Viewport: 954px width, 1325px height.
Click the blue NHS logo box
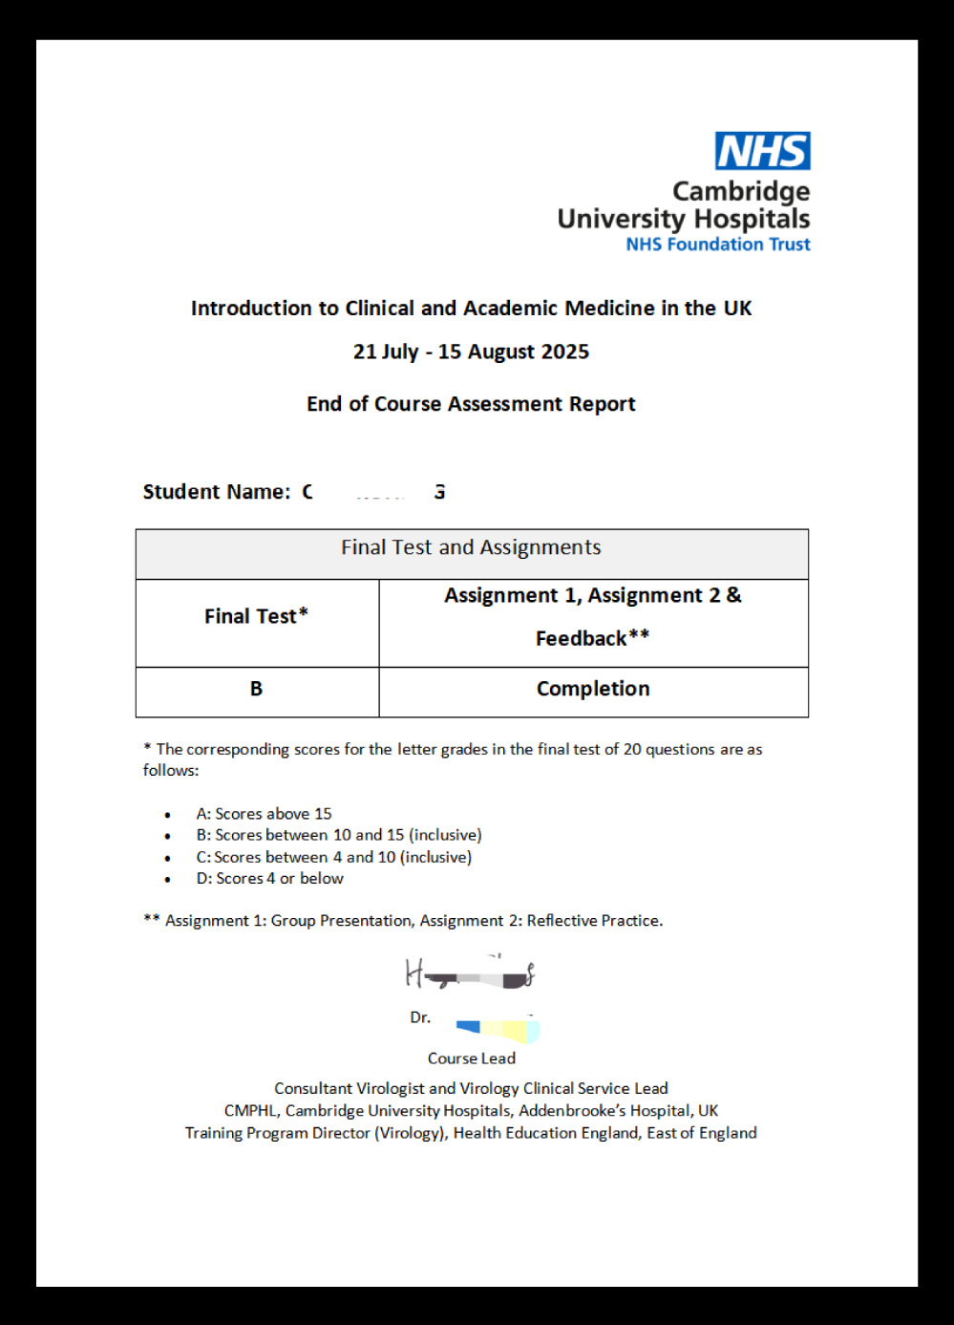(762, 151)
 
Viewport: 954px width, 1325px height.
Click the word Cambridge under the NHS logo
(741, 191)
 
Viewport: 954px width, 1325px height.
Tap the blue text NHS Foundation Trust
(717, 245)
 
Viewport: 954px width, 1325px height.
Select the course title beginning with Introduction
(471, 309)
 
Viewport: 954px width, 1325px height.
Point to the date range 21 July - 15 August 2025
(471, 352)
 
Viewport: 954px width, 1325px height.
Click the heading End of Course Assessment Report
(471, 404)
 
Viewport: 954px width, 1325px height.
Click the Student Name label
(216, 492)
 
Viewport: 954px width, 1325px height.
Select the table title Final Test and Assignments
(471, 547)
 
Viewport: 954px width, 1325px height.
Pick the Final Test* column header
(256, 616)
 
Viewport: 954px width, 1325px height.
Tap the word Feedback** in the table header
(592, 638)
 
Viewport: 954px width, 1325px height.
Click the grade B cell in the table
(256, 689)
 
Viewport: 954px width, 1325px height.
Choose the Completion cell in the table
(593, 689)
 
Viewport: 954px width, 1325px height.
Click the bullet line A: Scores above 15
(264, 814)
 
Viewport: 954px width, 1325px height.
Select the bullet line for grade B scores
(338, 835)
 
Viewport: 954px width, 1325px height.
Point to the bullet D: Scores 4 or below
(269, 879)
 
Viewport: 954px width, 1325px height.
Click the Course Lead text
(471, 1058)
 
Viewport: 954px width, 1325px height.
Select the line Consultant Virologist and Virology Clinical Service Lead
(471, 1088)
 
